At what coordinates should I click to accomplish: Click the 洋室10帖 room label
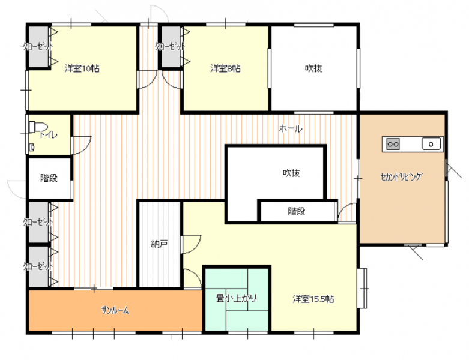pos(82,69)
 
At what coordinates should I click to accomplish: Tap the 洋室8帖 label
pos(225,69)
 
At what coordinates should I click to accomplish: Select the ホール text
pos(291,129)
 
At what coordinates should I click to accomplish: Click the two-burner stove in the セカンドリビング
pos(393,144)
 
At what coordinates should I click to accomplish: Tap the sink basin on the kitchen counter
pos(431,144)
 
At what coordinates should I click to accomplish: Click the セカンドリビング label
pos(401,176)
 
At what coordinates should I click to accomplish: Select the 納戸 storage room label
pos(159,244)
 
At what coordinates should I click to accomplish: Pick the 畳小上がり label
pos(236,298)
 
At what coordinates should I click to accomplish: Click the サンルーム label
pos(115,310)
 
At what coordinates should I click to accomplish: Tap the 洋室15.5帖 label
pos(313,299)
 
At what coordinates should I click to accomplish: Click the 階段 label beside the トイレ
pos(49,178)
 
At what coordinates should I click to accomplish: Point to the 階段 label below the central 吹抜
pos(297,212)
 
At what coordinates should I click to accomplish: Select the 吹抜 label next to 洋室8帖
pos(313,68)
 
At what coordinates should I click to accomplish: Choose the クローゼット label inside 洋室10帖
pos(38,46)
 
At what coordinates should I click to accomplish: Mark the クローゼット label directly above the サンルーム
pos(38,266)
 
